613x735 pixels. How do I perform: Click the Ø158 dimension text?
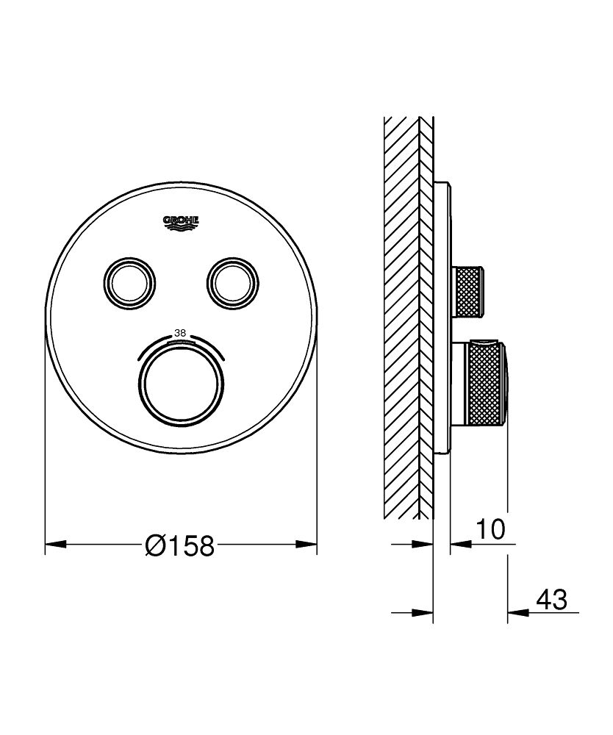pos(180,545)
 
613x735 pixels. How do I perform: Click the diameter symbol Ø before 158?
pos(156,545)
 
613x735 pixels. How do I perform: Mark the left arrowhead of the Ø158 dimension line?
pos(56,545)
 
